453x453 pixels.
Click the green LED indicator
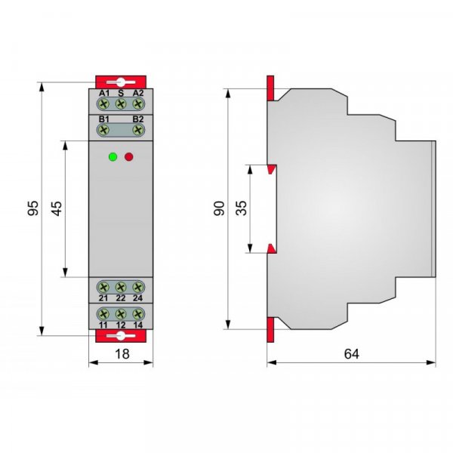(x=112, y=157)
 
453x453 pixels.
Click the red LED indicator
(x=129, y=157)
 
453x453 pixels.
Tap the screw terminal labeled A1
(x=103, y=103)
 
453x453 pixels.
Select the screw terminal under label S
(x=121, y=103)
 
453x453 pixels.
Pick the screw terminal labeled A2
(x=138, y=103)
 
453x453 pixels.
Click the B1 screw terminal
(x=103, y=130)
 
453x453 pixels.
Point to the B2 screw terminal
(x=138, y=130)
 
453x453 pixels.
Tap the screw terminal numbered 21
(x=103, y=287)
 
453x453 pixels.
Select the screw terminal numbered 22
(x=121, y=287)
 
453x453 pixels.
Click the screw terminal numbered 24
(x=138, y=287)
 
